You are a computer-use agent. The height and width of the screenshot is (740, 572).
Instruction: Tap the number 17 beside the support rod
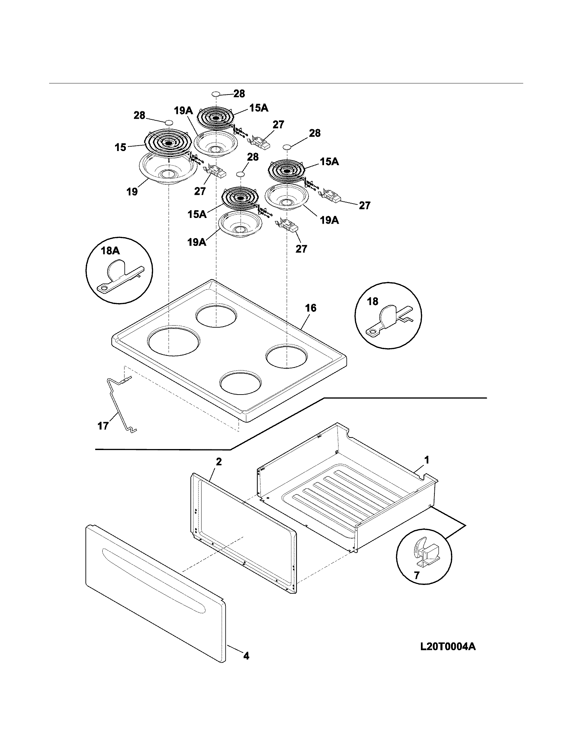(x=103, y=425)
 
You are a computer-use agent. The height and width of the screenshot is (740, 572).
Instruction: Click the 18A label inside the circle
(x=110, y=251)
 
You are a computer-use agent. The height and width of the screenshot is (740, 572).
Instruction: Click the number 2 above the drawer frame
(x=219, y=461)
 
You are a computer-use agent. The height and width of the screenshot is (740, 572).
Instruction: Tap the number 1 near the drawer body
(x=427, y=460)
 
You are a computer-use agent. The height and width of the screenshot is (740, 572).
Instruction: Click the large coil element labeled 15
(x=168, y=143)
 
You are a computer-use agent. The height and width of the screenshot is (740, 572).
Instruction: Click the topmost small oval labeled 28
(x=216, y=94)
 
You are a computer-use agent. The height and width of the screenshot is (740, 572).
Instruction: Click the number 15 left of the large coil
(x=121, y=148)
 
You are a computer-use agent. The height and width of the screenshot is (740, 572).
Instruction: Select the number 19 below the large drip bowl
(x=132, y=192)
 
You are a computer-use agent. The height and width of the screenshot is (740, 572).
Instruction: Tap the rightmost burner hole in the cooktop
(x=287, y=357)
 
